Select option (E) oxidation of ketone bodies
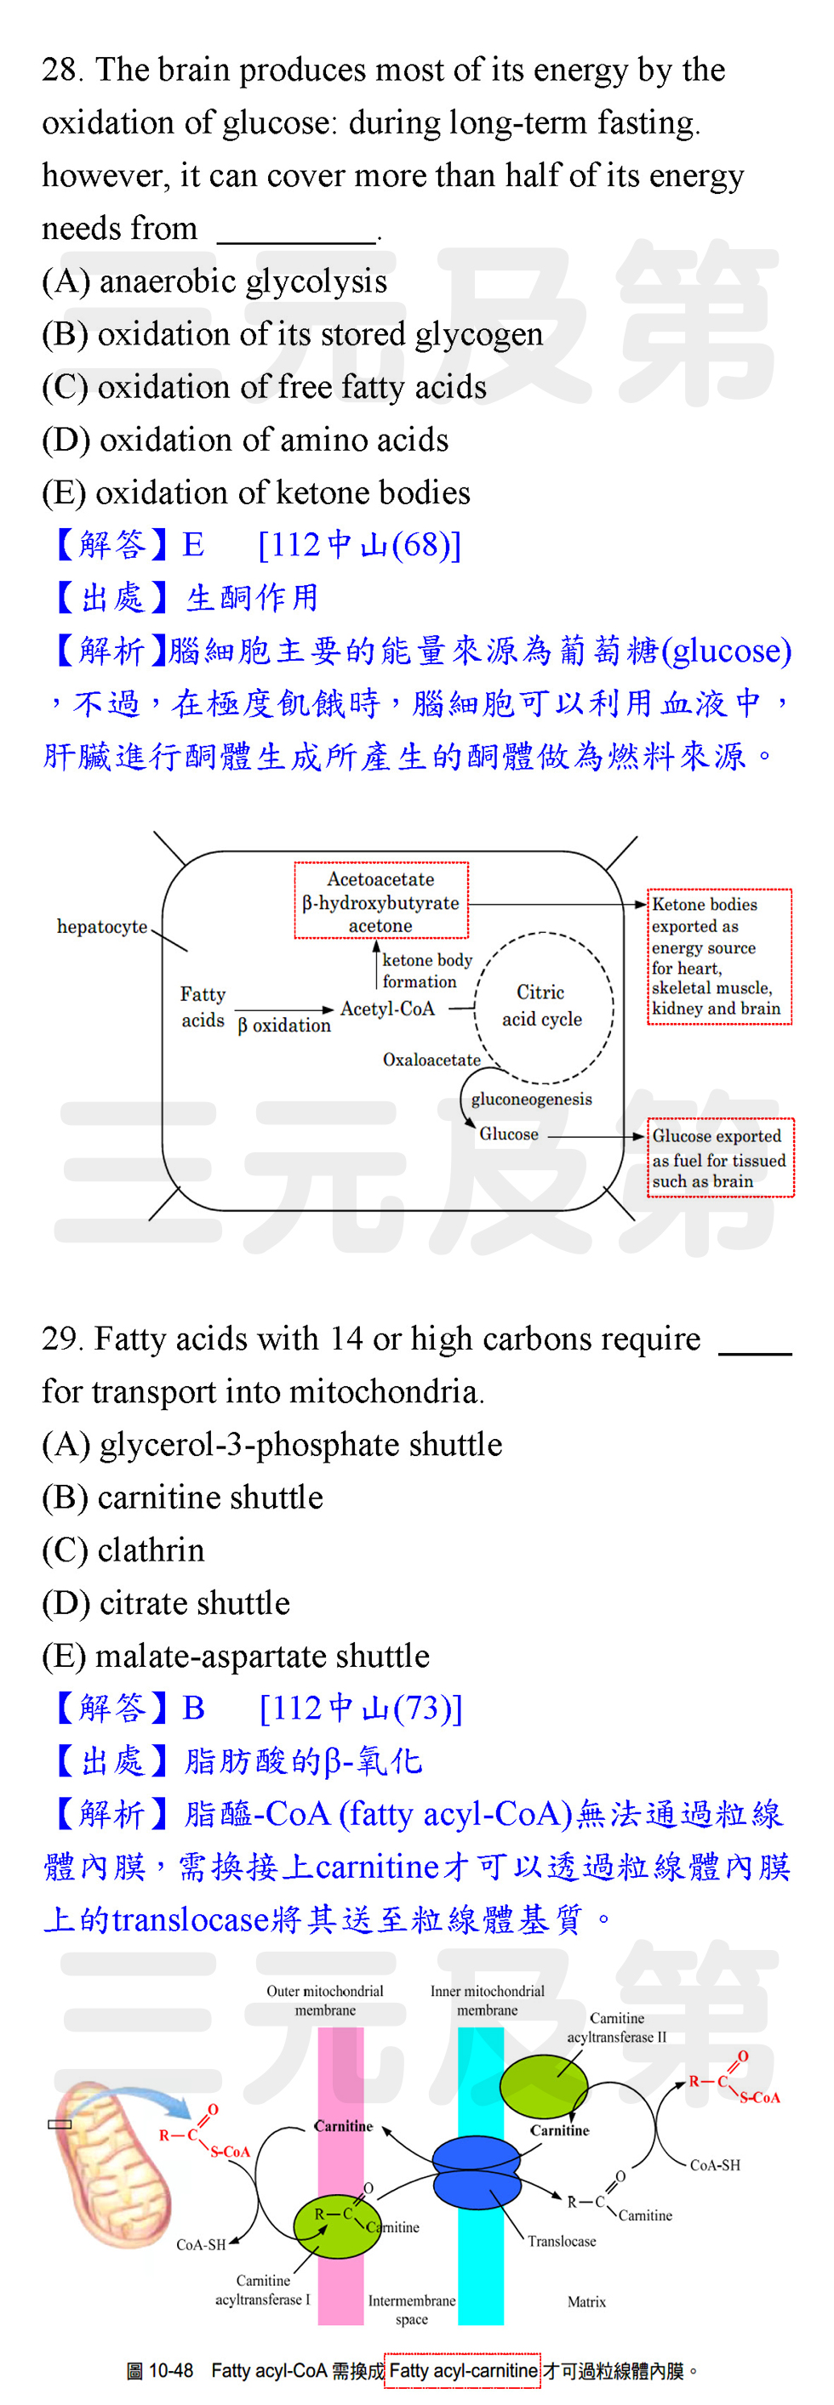point(256,492)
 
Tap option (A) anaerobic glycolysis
point(214,281)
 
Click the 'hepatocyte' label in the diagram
point(102,926)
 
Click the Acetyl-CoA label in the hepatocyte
point(387,1009)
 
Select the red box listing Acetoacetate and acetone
point(381,900)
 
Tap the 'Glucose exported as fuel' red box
point(720,1157)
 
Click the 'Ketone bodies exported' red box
point(719,957)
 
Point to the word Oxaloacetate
point(431,1060)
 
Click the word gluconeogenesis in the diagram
point(531,1099)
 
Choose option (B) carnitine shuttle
point(183,1497)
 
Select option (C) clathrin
point(123,1549)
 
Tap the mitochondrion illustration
point(112,2165)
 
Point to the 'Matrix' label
point(586,2301)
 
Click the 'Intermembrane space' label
point(412,2310)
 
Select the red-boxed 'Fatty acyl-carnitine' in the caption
point(463,2370)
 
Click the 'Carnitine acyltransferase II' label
point(617,2027)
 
